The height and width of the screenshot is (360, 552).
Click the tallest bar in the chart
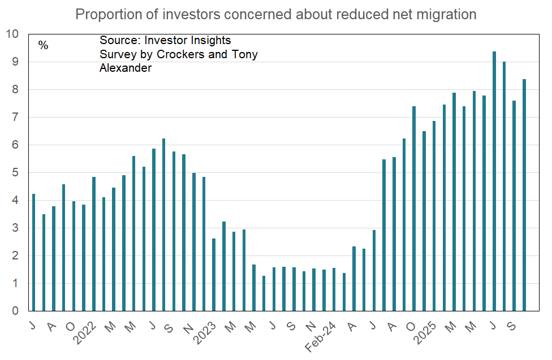(494, 181)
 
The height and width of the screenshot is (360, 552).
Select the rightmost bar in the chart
(524, 195)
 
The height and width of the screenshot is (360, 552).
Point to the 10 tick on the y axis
(12, 34)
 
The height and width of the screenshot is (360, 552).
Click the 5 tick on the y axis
(16, 172)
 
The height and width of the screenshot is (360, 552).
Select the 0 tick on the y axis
(16, 311)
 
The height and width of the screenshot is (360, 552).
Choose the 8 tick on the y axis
(16, 89)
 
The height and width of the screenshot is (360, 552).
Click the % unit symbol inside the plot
(44, 45)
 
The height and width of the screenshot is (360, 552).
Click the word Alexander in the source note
(126, 68)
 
